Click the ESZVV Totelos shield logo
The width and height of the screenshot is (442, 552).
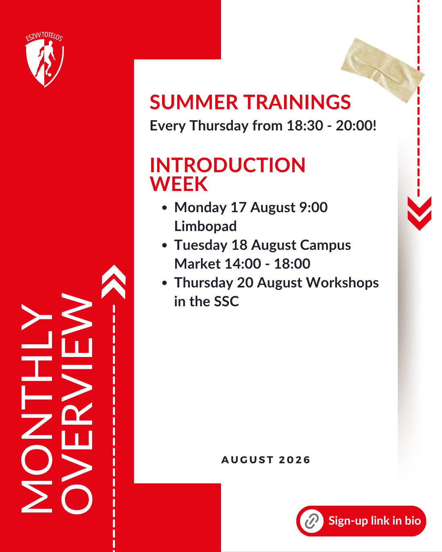[x=45, y=60]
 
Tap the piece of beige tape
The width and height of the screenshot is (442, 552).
[x=382, y=70]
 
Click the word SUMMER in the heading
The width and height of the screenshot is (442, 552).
[x=194, y=102]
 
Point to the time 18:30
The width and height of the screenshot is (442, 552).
[x=305, y=126]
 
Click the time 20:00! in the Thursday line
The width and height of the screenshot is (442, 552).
[x=356, y=126]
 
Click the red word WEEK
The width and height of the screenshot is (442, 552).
[x=178, y=184]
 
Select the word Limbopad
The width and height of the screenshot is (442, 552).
[x=205, y=226]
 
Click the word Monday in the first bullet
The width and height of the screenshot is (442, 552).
[x=201, y=208]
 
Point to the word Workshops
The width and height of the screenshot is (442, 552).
[x=343, y=283]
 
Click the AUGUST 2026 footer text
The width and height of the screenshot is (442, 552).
[x=266, y=460]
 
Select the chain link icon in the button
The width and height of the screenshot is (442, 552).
[x=312, y=521]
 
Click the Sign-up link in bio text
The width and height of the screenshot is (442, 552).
[x=375, y=521]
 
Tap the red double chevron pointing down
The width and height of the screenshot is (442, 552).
[x=419, y=213]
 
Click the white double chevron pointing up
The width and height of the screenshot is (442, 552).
[x=113, y=282]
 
